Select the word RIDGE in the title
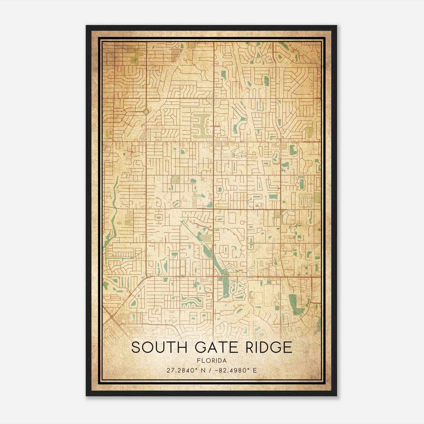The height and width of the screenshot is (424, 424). (x=268, y=347)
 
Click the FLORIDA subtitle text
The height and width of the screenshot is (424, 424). (x=212, y=360)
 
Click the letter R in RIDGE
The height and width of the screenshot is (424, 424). (x=250, y=347)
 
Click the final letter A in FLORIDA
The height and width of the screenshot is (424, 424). (x=224, y=360)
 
